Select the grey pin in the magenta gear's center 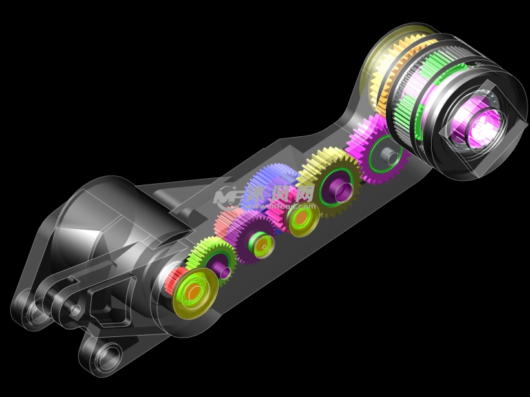click(x=390, y=155)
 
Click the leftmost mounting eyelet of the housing click(x=22, y=304)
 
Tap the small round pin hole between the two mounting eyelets click(x=76, y=310)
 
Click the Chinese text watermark click(x=284, y=194)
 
